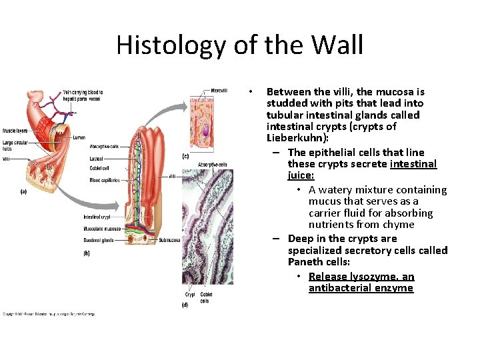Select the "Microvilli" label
pos(219,91)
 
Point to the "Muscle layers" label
pos(15,131)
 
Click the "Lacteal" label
pos(96,159)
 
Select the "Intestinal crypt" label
pos(97,217)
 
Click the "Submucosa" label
pos(169,240)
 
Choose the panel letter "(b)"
pos(87,253)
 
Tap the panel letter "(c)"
pos(185,156)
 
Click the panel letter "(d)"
pos(185,305)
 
